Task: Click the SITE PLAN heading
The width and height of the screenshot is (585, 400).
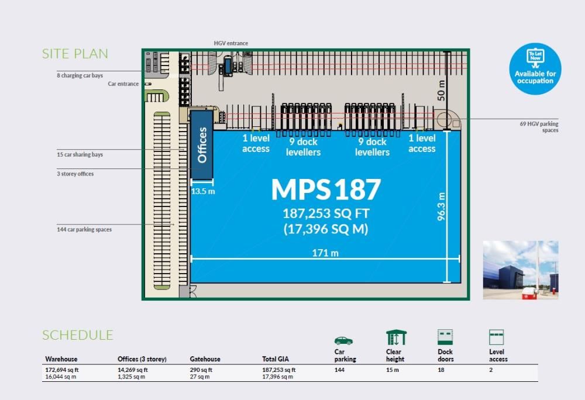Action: coord(75,54)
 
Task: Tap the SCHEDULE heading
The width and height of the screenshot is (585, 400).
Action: coord(77,335)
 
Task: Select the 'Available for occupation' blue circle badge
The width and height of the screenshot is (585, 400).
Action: coord(535,69)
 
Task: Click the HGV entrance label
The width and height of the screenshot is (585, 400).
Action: coord(230,43)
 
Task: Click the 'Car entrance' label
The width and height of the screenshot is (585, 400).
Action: coord(123,84)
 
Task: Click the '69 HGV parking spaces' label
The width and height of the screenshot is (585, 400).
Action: coord(539,127)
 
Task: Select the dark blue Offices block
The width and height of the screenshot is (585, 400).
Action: coord(202,145)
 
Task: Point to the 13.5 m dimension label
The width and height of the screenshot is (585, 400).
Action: coord(203,191)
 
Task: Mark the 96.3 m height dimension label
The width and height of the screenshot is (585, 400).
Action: coord(442,206)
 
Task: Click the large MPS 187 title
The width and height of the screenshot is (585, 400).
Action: coord(326,189)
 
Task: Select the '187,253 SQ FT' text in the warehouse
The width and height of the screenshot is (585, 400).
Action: coord(326,213)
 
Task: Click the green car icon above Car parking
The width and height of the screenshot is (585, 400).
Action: coord(343,340)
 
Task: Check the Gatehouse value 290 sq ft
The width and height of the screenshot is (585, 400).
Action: coord(201,370)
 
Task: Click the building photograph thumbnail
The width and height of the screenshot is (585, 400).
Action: coord(520,270)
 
